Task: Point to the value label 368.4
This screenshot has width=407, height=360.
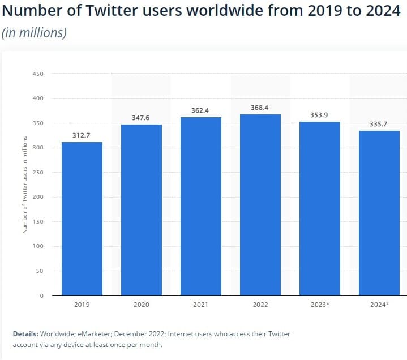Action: click(260, 108)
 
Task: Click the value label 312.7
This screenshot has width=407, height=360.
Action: click(82, 135)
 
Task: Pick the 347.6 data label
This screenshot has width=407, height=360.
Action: click(141, 118)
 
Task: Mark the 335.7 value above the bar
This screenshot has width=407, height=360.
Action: click(379, 124)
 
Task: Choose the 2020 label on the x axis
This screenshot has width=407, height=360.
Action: click(141, 305)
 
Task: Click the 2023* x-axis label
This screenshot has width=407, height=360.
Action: click(319, 305)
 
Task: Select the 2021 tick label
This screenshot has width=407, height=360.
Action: click(200, 305)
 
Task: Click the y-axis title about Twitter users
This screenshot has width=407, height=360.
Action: click(24, 185)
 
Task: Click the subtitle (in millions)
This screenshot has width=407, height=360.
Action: click(34, 33)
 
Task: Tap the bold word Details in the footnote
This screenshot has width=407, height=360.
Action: click(26, 334)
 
